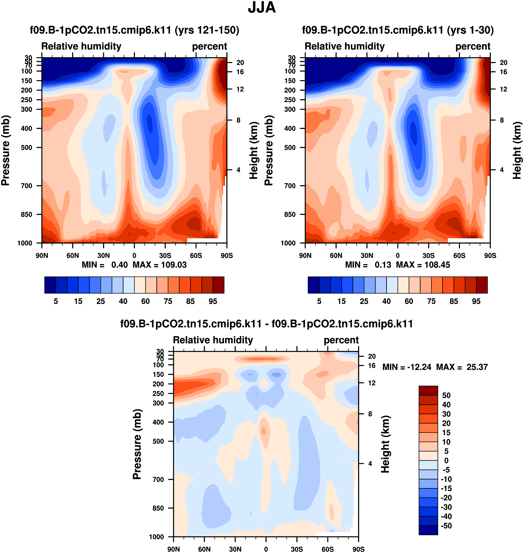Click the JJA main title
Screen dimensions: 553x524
262,7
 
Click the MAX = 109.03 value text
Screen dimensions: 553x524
159,265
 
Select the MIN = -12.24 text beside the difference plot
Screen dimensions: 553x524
406,367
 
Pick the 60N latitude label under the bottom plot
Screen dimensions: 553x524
204,549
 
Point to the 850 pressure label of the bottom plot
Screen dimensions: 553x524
158,508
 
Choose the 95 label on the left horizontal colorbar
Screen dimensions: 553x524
213,301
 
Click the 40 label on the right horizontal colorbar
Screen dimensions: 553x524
386,301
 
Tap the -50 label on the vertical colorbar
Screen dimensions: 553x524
446,526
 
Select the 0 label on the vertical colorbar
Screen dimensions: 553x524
446,461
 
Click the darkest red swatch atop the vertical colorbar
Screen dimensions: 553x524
428,391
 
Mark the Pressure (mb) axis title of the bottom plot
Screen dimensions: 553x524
137,444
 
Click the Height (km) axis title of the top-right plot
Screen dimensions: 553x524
517,150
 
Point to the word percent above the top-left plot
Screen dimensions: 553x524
210,46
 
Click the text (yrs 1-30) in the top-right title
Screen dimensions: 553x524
470,30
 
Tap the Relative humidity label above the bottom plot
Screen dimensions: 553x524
213,340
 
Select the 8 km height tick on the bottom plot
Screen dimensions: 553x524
370,414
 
